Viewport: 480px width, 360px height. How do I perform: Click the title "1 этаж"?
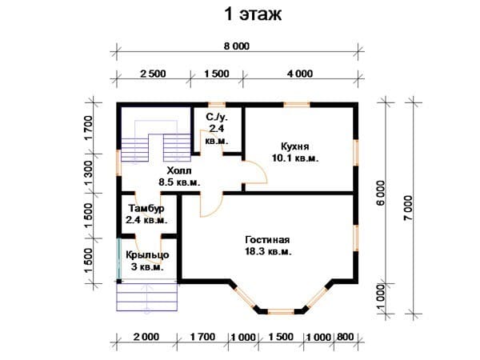pyautogui.click(x=253, y=14)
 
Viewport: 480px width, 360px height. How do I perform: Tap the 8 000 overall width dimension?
pyautogui.click(x=237, y=46)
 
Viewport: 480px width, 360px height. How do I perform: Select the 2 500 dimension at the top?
pyautogui.click(x=153, y=74)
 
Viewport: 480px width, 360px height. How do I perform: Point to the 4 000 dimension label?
pyautogui.click(x=300, y=74)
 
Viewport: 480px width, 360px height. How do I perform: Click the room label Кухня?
pyautogui.click(x=294, y=146)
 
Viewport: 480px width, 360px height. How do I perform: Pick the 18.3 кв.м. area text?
pyautogui.click(x=268, y=252)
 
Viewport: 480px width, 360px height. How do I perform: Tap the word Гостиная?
pyautogui.click(x=267, y=240)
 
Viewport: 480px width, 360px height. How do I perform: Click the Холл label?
pyautogui.click(x=179, y=170)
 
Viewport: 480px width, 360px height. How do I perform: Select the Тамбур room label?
pyautogui.click(x=146, y=209)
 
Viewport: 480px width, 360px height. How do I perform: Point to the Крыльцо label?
pyautogui.click(x=147, y=255)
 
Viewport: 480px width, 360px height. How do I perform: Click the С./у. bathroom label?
pyautogui.click(x=217, y=117)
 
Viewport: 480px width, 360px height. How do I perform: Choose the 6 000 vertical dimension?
pyautogui.click(x=381, y=193)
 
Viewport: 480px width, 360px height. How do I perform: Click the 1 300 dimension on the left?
pyautogui.click(x=88, y=173)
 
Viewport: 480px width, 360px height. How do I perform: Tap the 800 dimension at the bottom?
pyautogui.click(x=346, y=337)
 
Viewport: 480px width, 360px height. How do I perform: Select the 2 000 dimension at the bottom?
pyautogui.click(x=146, y=337)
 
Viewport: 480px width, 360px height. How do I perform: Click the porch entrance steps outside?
pyautogui.click(x=147, y=297)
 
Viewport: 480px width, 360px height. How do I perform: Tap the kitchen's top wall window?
pyautogui.click(x=297, y=105)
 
